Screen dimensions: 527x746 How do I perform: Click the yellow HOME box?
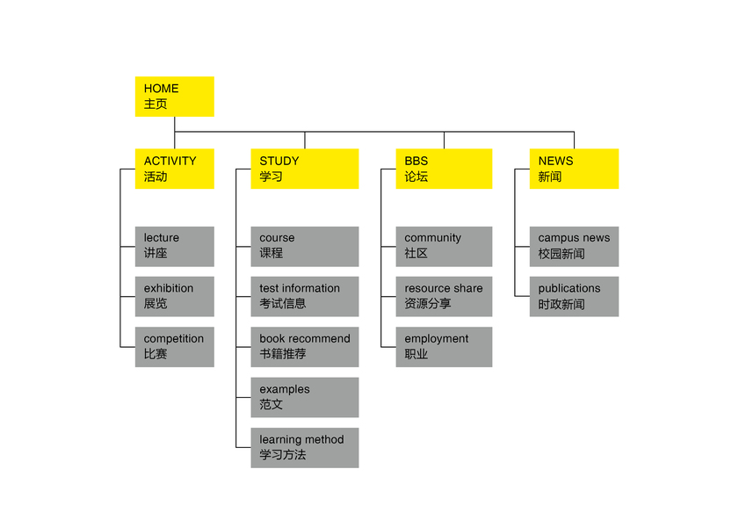tap(174, 96)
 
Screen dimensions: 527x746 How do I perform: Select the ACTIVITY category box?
tap(174, 169)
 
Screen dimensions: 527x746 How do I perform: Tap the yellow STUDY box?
tap(304, 169)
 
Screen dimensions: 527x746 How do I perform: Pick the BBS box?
tap(444, 169)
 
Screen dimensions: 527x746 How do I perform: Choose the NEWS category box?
tap(574, 169)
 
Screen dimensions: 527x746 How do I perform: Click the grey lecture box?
tap(174, 246)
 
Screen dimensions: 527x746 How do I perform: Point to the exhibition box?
tap(174, 296)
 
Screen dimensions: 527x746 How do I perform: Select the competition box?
tap(174, 347)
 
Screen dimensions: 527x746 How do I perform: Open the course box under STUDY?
tap(304, 246)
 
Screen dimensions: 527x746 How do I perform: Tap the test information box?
tap(304, 296)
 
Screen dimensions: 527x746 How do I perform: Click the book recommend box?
tap(304, 347)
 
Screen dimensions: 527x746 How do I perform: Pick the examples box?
tap(304, 397)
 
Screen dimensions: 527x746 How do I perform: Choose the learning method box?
tap(304, 447)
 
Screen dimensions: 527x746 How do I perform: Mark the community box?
tap(444, 246)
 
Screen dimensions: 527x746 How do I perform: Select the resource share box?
tap(444, 296)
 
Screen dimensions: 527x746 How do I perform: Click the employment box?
tap(444, 347)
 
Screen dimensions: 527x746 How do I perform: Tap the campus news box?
tap(574, 246)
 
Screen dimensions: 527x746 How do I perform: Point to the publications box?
tap(574, 296)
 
